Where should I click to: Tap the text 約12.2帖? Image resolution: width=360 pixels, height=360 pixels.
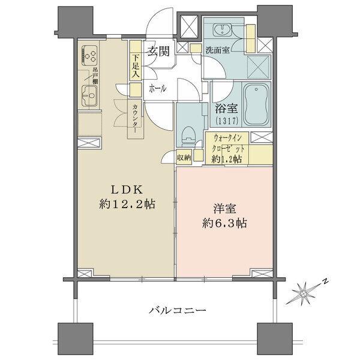pyautogui.click(x=128, y=204)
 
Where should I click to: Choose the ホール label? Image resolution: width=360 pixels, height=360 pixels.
pyautogui.click(x=158, y=88)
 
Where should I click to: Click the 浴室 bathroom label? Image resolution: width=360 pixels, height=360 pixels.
pyautogui.click(x=224, y=109)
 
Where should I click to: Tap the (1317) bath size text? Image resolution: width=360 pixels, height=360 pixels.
pyautogui.click(x=224, y=121)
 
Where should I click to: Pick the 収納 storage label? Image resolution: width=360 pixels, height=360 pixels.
pyautogui.click(x=184, y=157)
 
